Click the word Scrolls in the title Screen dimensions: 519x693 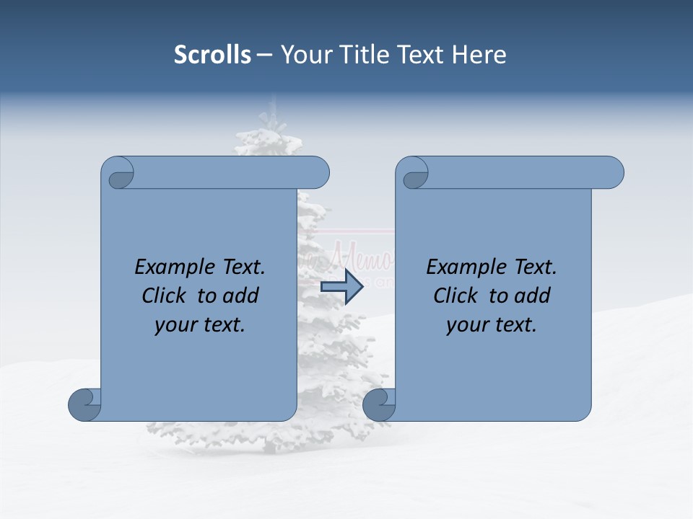(x=212, y=55)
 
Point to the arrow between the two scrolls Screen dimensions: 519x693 (x=341, y=286)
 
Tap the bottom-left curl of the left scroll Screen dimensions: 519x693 (x=85, y=404)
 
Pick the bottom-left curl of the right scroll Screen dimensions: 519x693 (x=380, y=404)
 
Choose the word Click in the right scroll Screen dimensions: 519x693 (x=455, y=296)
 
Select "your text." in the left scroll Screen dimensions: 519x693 (x=200, y=325)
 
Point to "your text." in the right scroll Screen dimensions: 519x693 (x=492, y=325)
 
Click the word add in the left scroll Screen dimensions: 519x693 (x=241, y=296)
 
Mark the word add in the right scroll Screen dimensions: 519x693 (x=533, y=296)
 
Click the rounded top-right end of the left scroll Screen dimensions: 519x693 (x=318, y=172)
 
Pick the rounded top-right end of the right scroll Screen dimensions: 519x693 (x=612, y=172)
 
